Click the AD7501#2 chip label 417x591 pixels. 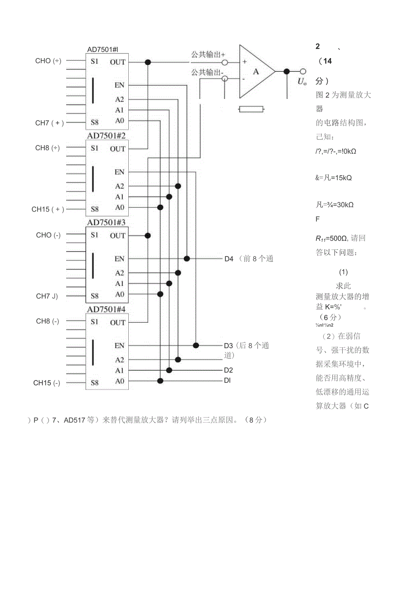coord(107,136)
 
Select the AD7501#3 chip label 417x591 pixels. coord(107,222)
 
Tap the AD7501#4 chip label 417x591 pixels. coord(107,309)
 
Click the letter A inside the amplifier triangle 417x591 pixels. coord(256,71)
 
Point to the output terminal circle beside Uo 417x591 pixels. coord(303,71)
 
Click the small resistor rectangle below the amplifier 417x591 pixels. coord(251,109)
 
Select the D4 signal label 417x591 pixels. coord(229,259)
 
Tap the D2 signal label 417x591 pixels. coord(228,370)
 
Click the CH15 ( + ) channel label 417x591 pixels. coord(48,209)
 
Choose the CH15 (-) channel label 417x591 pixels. coord(47,383)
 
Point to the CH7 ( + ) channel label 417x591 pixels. coord(49,123)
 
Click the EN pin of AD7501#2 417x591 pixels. coord(119,172)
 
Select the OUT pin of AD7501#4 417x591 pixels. coord(117,322)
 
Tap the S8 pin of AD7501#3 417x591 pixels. coord(94,296)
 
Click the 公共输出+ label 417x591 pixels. coord(208,54)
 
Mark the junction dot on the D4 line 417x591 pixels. coord(187,258)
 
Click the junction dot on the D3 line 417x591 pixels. coord(196,345)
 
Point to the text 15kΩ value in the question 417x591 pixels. coord(341,177)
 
